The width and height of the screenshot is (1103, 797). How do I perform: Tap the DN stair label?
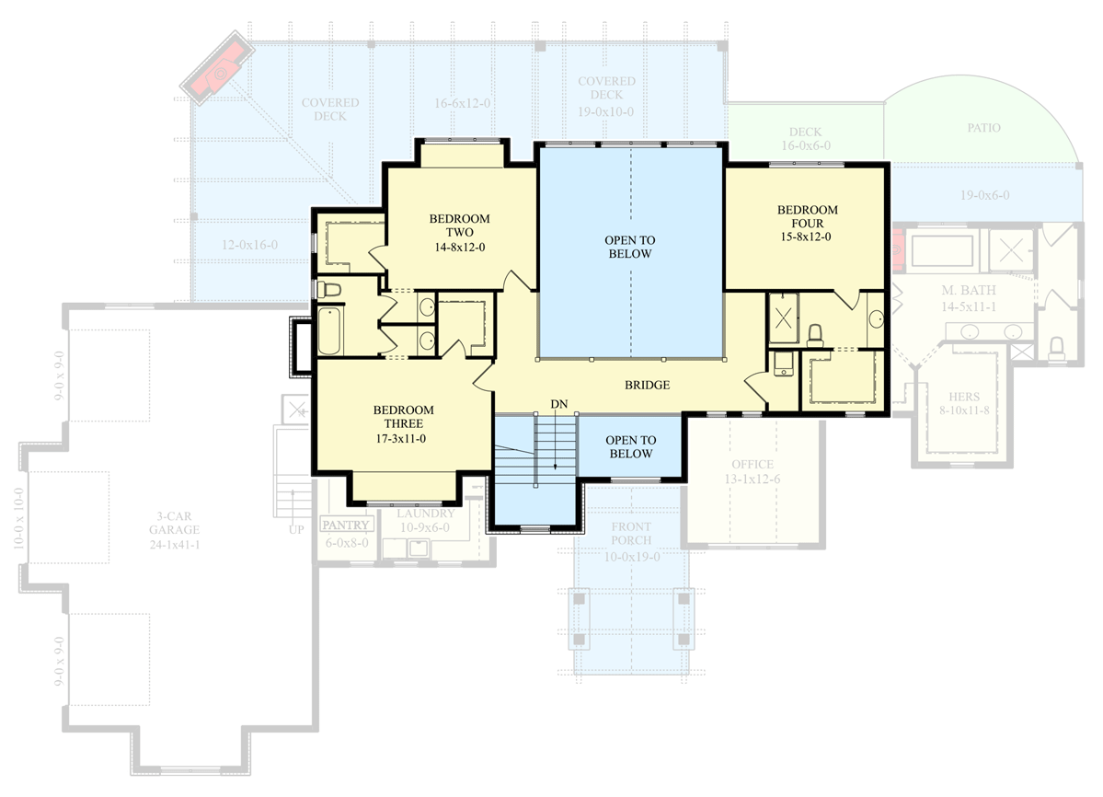click(557, 404)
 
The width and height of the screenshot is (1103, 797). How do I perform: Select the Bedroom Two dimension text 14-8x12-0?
click(459, 247)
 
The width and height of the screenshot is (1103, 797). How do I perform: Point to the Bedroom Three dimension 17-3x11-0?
click(404, 438)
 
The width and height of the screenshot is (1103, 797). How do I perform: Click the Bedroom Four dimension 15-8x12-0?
click(806, 237)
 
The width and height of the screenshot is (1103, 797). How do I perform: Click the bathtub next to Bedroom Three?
click(329, 331)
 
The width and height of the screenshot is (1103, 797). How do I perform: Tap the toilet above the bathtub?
click(328, 290)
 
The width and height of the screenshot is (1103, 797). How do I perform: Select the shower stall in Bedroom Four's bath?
click(783, 319)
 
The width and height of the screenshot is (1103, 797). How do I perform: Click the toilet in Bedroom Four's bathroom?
click(815, 335)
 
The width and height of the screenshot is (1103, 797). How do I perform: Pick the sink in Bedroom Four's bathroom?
click(875, 319)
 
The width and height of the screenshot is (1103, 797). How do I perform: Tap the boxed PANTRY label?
click(346, 526)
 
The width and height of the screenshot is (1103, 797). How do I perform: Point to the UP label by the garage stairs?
click(296, 530)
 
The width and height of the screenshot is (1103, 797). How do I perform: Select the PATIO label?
click(983, 128)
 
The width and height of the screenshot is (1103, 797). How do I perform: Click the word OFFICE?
click(752, 465)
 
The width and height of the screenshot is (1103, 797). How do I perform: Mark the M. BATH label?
click(963, 291)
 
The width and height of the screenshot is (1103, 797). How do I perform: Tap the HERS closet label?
click(964, 398)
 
